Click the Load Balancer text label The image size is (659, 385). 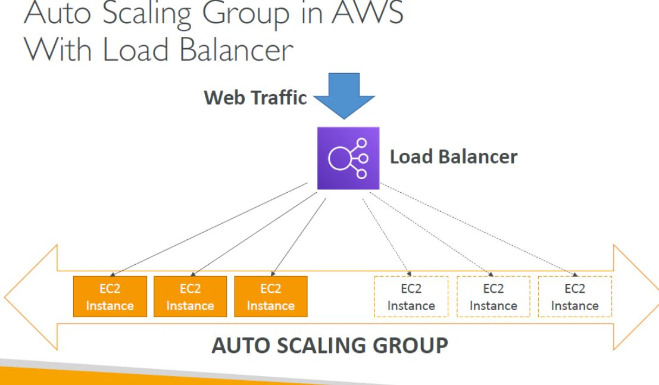(453, 157)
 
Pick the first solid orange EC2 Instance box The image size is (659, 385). (109, 297)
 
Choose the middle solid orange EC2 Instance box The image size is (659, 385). (189, 297)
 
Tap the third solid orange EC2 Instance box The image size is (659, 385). (270, 297)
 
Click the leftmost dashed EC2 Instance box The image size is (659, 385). (411, 297)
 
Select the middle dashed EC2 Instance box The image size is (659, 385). (493, 297)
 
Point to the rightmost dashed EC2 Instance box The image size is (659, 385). (574, 297)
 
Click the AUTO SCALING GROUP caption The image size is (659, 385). (329, 345)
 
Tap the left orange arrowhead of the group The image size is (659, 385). (30, 296)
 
